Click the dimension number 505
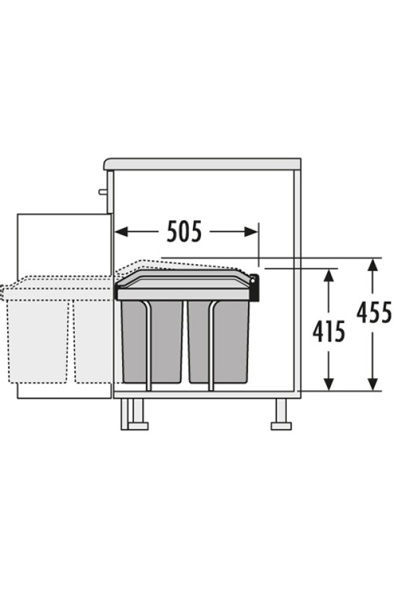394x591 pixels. coord(184,231)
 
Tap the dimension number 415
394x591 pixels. coord(329,332)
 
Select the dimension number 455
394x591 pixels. coord(374,313)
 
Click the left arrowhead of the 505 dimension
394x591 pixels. coord(121,231)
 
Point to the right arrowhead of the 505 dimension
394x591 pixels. coord(251,231)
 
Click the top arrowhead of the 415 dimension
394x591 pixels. coord(329,276)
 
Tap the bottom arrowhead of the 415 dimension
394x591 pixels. coord(329,383)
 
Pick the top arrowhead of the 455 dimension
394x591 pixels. coord(372,265)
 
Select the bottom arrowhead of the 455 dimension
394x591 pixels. coord(372,383)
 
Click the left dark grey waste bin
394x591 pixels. coord(152,341)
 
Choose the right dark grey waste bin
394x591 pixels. coord(218,341)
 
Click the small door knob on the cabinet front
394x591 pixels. coord(103,192)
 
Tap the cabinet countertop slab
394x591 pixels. coord(202,164)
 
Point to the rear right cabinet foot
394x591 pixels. coord(281,414)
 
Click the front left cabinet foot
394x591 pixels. coord(135,414)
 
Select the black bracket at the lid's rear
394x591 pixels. coord(255,288)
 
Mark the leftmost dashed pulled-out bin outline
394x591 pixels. coord(37,341)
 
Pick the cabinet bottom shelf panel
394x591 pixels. coord(207,395)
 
